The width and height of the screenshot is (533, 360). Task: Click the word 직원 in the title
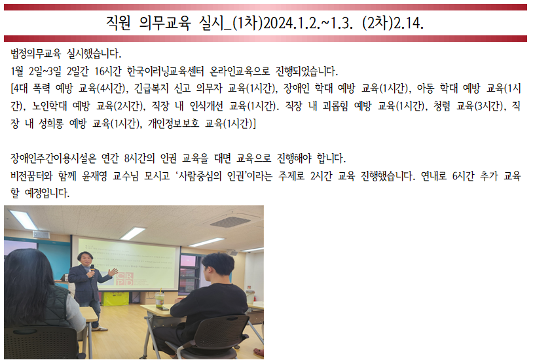click(x=119, y=23)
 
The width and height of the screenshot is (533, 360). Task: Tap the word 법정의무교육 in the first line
click(x=36, y=54)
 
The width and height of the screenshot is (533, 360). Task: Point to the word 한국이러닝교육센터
click(x=165, y=71)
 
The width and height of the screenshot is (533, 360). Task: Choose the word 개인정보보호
click(x=174, y=124)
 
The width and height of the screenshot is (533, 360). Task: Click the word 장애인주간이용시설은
click(x=54, y=158)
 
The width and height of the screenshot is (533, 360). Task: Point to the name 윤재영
click(x=94, y=176)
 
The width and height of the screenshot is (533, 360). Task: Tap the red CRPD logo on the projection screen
click(x=124, y=279)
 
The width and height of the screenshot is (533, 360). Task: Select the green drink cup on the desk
click(x=159, y=298)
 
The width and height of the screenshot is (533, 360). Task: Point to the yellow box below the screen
click(x=116, y=299)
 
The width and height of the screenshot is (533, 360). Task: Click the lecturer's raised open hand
click(x=112, y=272)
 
